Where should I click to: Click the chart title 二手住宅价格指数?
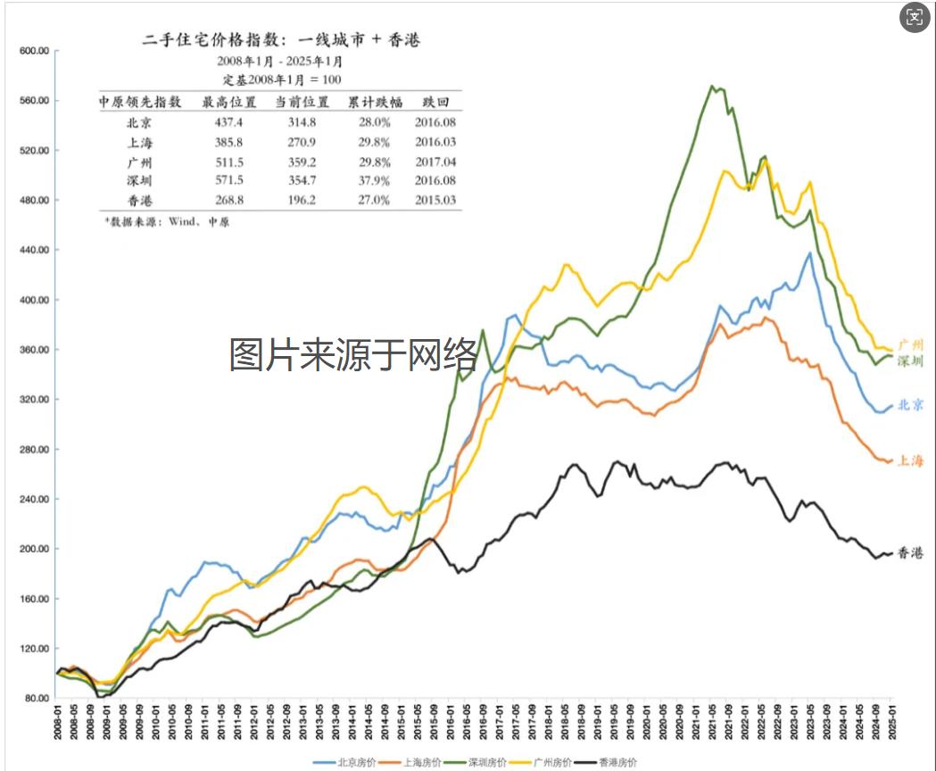[x=281, y=39]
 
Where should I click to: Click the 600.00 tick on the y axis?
[x=33, y=51]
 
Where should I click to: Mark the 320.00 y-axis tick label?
[x=33, y=400]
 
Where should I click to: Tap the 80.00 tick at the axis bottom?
[x=35, y=699]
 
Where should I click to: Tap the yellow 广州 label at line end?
[x=910, y=344]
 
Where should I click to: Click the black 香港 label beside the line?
[x=910, y=553]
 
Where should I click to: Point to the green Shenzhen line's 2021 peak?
[x=712, y=87]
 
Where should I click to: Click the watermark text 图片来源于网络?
[x=354, y=355]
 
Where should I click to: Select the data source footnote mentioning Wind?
[x=167, y=221]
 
